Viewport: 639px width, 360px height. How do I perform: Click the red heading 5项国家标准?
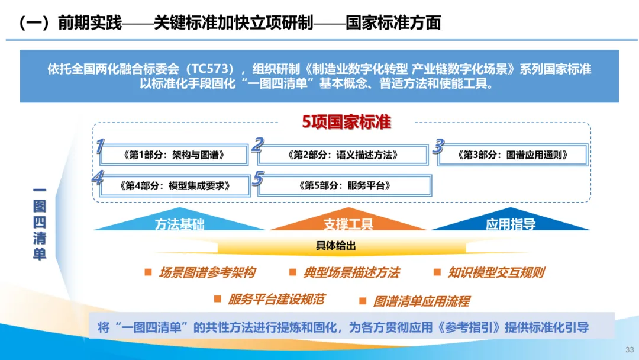pos(346,122)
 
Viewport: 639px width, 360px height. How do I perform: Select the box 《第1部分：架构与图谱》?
pos(175,155)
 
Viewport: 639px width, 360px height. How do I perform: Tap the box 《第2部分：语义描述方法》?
pos(343,155)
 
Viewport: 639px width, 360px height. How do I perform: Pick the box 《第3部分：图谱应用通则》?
pos(512,155)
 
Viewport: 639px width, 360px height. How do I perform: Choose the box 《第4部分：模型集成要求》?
pos(175,185)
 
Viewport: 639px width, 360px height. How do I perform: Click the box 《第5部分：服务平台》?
pos(345,185)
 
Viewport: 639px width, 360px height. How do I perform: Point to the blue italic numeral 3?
pos(438,146)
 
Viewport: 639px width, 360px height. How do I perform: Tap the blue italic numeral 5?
pos(257,178)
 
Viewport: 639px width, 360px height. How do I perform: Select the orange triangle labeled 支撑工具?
pos(348,223)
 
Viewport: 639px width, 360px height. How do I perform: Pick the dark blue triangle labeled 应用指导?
pos(510,223)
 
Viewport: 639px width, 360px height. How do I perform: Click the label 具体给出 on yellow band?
pos(335,246)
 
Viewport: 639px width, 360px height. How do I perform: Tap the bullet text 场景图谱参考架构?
pos(207,272)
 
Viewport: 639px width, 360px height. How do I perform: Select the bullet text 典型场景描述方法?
pos(351,272)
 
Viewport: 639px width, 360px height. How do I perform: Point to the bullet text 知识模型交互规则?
pos(496,272)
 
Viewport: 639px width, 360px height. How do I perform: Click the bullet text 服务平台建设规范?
pos(276,300)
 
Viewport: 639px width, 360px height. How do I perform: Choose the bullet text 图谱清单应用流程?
pos(421,301)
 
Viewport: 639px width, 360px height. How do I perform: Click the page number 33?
pos(629,349)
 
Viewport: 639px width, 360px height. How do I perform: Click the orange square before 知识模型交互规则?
pos(437,272)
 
